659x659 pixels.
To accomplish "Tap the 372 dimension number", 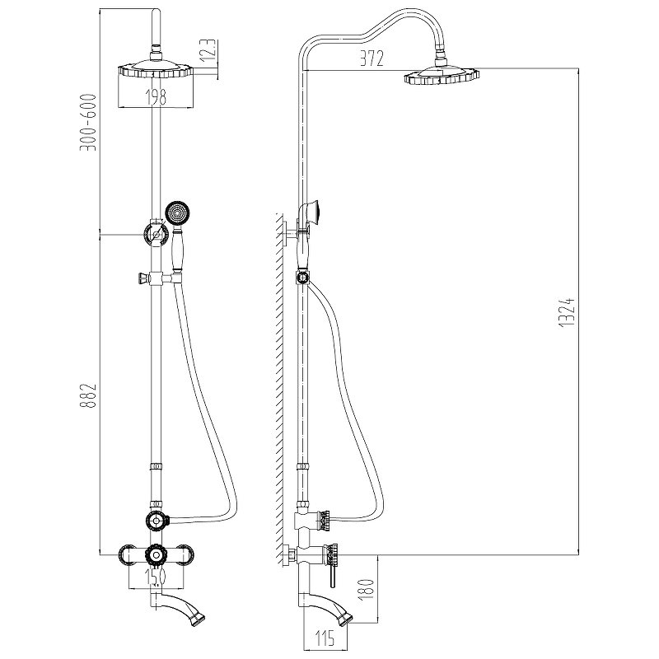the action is pos(372,58).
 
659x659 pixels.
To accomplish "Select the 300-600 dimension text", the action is pos(89,122).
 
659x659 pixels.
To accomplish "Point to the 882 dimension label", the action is pos(89,395).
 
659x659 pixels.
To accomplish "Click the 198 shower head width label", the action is pos(156,97).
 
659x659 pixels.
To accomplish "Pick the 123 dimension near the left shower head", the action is pos(210,51).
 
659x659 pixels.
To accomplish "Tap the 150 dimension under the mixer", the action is pos(156,577).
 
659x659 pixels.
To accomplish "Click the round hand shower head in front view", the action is pos(178,213).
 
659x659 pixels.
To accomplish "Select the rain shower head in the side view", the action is pos(442,76).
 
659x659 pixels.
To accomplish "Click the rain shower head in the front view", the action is pos(156,69).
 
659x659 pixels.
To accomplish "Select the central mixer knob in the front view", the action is pos(156,555).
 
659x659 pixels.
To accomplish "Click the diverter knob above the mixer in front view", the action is pos(157,521).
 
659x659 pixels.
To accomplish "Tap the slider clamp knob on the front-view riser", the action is pos(143,278).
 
